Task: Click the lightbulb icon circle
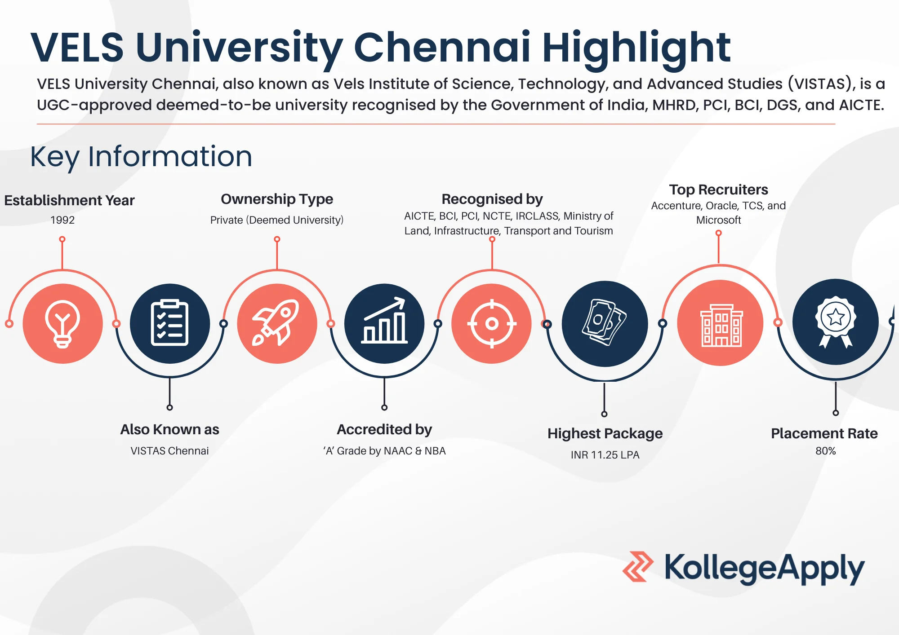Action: tap(62, 323)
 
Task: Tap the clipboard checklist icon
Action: tap(169, 323)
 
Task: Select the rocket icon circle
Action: tap(277, 323)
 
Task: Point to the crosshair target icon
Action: tap(492, 323)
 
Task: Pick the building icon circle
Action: tap(721, 323)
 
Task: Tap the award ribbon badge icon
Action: tap(836, 322)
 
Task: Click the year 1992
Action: tap(62, 220)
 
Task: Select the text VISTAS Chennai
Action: tap(169, 451)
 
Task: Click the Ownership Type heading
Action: tap(277, 199)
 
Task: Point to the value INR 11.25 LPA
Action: tap(605, 455)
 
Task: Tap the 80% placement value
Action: tap(826, 451)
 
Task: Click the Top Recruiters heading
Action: tap(718, 190)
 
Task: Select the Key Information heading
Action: tap(141, 157)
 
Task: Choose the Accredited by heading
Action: tap(384, 430)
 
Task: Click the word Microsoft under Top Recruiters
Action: tap(718, 220)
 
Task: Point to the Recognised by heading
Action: tap(492, 199)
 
